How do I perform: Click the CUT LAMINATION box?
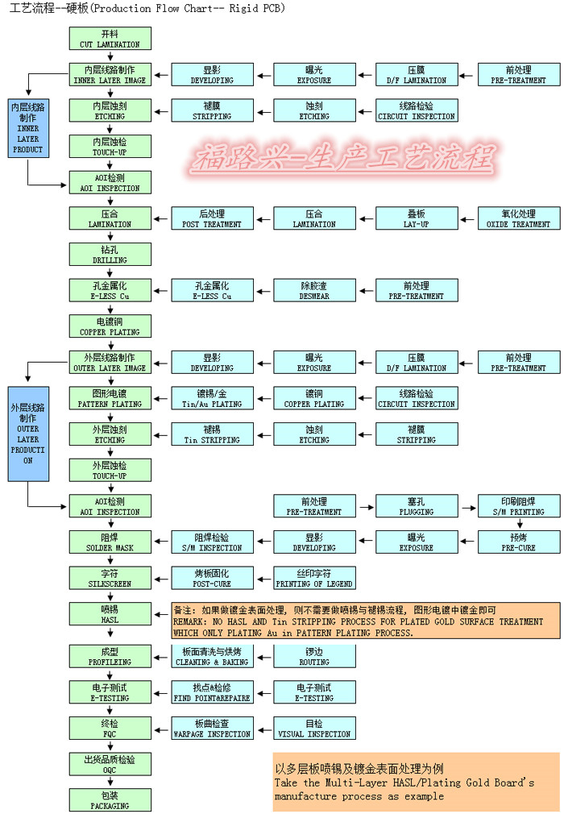(110, 39)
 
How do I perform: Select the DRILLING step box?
(110, 255)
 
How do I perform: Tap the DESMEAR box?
(313, 291)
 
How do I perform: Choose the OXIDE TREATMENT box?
(519, 218)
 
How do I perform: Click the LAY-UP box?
(416, 218)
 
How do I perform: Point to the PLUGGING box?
(416, 506)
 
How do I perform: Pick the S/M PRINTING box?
(519, 506)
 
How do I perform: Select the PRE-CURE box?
(519, 542)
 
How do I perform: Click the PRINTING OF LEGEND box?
(313, 578)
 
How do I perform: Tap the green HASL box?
(110, 614)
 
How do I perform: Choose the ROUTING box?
(313, 656)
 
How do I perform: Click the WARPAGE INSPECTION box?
(212, 729)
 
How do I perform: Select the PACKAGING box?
(110, 799)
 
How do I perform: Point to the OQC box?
(110, 764)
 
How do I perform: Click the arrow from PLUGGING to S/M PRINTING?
(467, 506)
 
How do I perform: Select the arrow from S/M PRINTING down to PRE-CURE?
(519, 524)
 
